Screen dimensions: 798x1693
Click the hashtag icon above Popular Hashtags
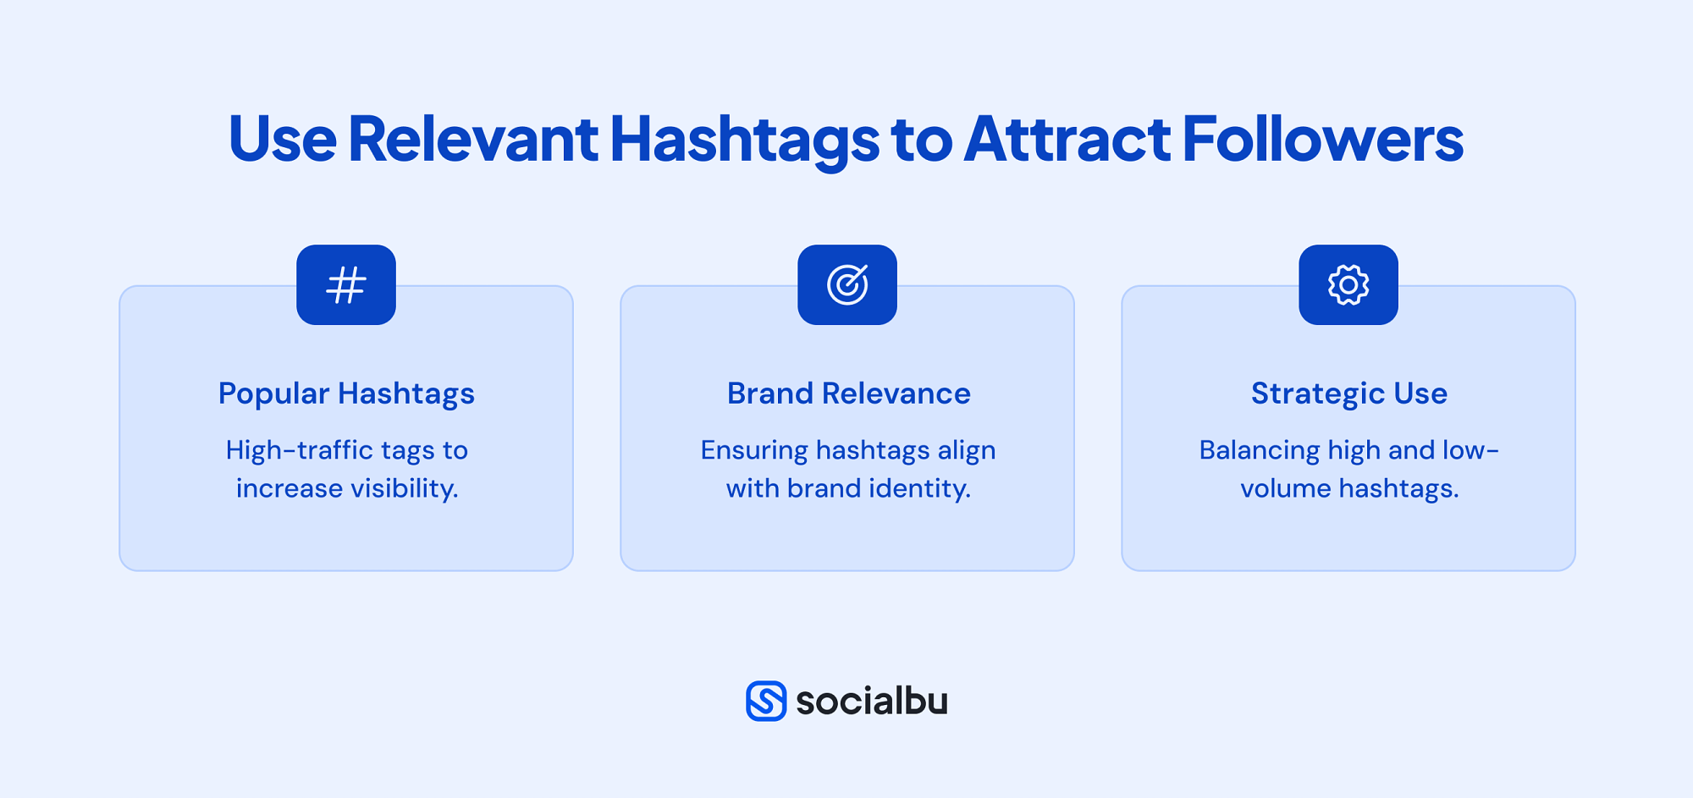click(x=346, y=285)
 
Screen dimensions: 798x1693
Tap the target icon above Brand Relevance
click(x=847, y=285)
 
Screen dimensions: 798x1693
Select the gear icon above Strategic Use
click(x=1348, y=285)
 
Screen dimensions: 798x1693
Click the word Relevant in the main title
click(x=472, y=139)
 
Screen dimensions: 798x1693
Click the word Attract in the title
click(x=1067, y=139)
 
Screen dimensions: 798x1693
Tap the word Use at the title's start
click(x=282, y=139)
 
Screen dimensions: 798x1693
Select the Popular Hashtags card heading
click(x=346, y=393)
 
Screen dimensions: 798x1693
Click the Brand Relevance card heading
click(x=848, y=393)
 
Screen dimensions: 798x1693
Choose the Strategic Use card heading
click(x=1349, y=393)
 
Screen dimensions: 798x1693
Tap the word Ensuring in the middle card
click(x=753, y=450)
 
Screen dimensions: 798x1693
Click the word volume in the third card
click(x=1285, y=488)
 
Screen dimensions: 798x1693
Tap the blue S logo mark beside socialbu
click(x=766, y=701)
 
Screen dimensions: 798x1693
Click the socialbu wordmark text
click(x=872, y=701)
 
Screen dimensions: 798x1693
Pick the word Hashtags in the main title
click(x=744, y=139)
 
